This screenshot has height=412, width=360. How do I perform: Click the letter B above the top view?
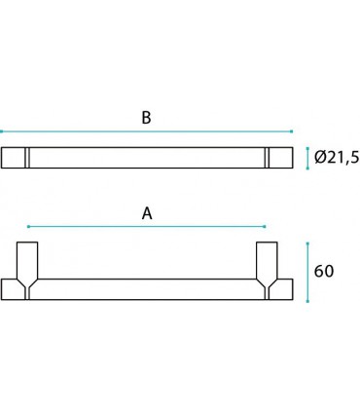(x=146, y=118)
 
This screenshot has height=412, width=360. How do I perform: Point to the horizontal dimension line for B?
(x=146, y=131)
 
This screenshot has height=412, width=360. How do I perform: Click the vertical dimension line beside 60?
(x=308, y=270)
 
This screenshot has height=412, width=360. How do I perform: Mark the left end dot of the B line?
(x=1, y=131)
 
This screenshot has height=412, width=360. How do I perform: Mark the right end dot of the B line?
(x=292, y=131)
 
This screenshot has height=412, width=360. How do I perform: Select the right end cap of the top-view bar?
(x=278, y=157)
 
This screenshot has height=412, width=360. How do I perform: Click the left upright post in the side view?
(x=27, y=260)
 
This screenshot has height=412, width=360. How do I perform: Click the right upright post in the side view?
(x=266, y=260)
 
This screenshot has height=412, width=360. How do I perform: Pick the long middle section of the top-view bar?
(x=146, y=157)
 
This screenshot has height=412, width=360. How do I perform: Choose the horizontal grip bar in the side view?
(x=146, y=288)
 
